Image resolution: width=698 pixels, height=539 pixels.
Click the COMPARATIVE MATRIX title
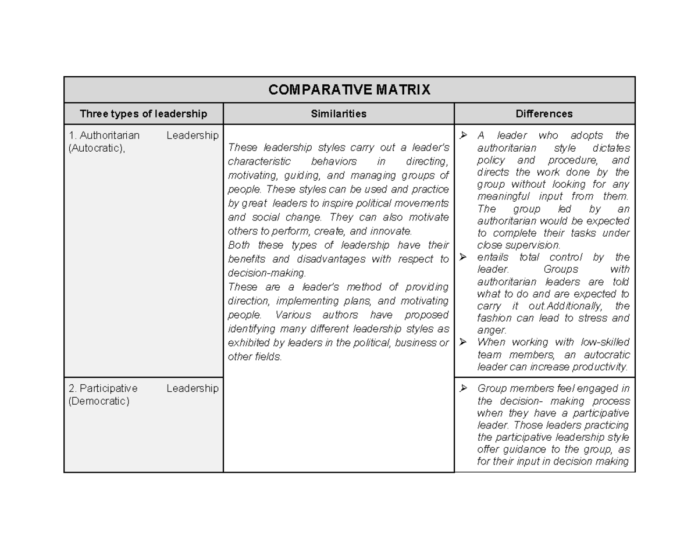pos(349,90)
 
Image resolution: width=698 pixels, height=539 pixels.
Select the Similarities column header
pos(339,114)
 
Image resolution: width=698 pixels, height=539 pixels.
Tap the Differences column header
pos(544,114)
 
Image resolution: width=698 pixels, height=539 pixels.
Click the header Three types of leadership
pos(143,114)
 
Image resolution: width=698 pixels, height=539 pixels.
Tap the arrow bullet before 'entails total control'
pos(464,257)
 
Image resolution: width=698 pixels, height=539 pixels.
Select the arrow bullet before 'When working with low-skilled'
pos(464,342)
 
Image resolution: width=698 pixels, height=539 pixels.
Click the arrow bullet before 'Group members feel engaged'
pos(464,388)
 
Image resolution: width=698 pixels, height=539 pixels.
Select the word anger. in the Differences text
pos(492,330)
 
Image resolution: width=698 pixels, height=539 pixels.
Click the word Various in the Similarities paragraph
pos(293,315)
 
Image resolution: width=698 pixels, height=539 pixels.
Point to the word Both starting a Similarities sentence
pos(240,245)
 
